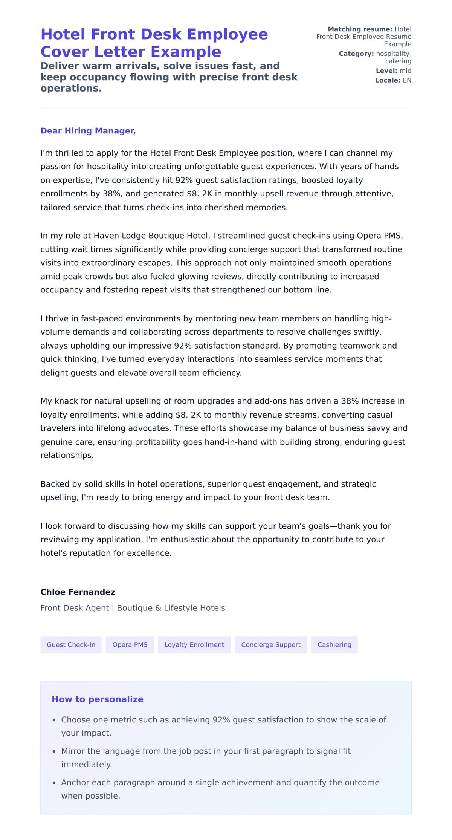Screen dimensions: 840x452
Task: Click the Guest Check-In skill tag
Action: pyautogui.click(x=71, y=644)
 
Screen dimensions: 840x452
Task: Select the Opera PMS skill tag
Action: pyautogui.click(x=130, y=644)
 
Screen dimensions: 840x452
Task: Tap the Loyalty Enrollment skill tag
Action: pyautogui.click(x=194, y=644)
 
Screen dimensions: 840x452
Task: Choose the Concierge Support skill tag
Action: pyautogui.click(x=270, y=644)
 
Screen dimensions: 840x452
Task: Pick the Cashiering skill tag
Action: pyautogui.click(x=334, y=644)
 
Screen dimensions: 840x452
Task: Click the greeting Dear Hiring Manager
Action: pyautogui.click(x=88, y=131)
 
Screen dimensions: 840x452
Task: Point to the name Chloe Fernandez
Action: pyautogui.click(x=78, y=592)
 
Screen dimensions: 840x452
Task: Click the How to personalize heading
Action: pyautogui.click(x=97, y=699)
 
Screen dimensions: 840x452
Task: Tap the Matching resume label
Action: pyautogui.click(x=360, y=29)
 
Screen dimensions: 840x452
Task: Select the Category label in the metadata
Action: pyautogui.click(x=356, y=54)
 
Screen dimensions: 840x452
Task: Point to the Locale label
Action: pyautogui.click(x=388, y=80)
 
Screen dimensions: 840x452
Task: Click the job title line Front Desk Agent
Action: pyautogui.click(x=133, y=608)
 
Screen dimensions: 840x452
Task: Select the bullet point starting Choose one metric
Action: pyautogui.click(x=223, y=719)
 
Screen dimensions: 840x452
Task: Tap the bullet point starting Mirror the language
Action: pyautogui.click(x=206, y=751)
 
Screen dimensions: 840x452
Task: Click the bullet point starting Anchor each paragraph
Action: pyautogui.click(x=220, y=782)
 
